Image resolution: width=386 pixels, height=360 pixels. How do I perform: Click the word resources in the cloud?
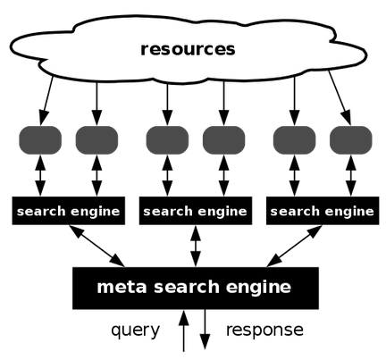coord(188,49)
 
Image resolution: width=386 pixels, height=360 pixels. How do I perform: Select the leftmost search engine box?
coord(69,211)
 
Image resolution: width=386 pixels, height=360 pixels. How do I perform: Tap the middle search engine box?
coord(196,211)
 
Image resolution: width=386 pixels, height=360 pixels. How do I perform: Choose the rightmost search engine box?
coord(323,211)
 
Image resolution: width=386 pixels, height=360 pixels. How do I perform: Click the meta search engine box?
coord(196,288)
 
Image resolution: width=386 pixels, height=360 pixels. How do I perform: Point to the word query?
coord(136,331)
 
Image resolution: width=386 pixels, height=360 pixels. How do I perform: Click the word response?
coord(264,330)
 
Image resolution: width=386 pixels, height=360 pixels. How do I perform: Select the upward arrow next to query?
coord(184,331)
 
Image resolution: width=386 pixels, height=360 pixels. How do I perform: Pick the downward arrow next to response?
coord(205,329)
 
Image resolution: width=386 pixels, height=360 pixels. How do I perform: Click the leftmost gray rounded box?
coord(40,140)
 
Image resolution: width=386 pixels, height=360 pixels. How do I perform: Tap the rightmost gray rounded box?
coord(351,140)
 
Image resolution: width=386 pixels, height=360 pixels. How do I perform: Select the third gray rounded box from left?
coord(167,140)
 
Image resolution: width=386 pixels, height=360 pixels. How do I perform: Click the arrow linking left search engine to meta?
coord(96,246)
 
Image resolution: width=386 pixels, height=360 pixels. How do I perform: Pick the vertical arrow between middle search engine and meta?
coord(196,246)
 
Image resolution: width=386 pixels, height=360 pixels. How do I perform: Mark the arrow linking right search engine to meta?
coord(294,246)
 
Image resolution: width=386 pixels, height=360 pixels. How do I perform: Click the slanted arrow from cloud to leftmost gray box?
coord(46,101)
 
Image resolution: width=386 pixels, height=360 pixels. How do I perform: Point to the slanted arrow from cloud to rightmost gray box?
coord(340,98)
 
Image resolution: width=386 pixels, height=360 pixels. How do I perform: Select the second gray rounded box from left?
coord(96,140)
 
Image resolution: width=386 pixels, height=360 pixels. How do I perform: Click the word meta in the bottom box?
coord(122,287)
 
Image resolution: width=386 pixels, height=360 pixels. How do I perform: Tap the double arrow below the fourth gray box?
coord(223,175)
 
